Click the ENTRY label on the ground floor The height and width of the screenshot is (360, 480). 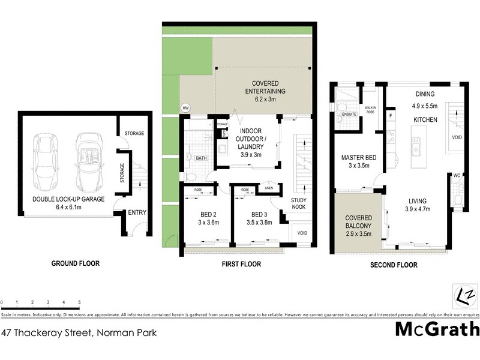pos(137,212)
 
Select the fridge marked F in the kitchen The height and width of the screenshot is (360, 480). pos(391,115)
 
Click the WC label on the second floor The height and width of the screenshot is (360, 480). pos(457,175)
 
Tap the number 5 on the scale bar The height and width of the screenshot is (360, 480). pos(79,302)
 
